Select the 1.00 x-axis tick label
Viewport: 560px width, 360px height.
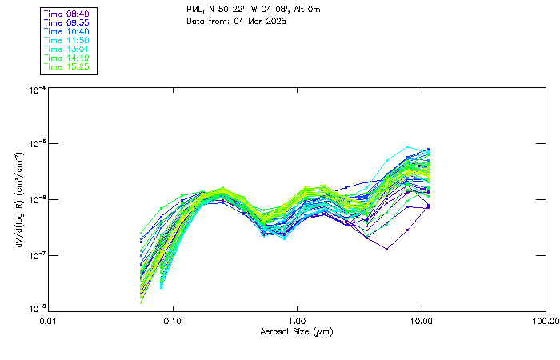tap(297, 320)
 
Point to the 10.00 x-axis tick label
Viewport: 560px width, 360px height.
tap(421, 320)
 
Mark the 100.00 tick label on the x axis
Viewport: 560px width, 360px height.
tap(545, 320)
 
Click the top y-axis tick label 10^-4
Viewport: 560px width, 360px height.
tap(36, 90)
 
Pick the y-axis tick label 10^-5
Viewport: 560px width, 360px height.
tap(36, 145)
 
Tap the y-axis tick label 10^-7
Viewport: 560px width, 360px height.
tap(36, 255)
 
